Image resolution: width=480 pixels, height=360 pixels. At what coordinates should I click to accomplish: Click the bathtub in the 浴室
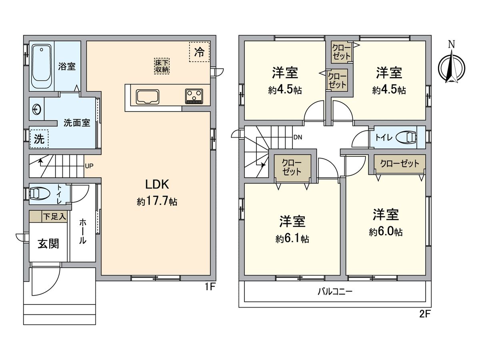(x=42, y=66)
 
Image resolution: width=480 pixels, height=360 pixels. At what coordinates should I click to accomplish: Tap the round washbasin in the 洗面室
(x=36, y=109)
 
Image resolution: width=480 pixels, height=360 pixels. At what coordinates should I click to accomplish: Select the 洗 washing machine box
(x=39, y=139)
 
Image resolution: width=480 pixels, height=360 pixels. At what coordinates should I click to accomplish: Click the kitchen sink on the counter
(x=147, y=96)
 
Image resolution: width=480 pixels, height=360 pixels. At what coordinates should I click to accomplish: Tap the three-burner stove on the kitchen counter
(x=194, y=96)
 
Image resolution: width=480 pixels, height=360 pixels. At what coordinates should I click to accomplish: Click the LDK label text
(x=158, y=184)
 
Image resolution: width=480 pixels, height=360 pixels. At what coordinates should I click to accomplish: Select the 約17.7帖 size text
(x=157, y=202)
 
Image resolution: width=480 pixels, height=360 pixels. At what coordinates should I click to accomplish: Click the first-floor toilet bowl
(x=40, y=193)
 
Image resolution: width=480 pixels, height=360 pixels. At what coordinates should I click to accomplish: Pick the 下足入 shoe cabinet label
(x=54, y=217)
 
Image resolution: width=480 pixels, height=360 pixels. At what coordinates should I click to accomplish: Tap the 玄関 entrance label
(x=48, y=243)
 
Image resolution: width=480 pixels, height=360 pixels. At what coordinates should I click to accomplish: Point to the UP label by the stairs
(x=89, y=165)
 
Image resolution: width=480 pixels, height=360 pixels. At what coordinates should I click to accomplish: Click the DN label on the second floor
(x=298, y=137)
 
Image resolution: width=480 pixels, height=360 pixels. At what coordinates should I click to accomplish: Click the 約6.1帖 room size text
(x=292, y=239)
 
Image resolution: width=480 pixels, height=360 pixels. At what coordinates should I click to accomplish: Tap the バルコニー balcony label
(x=335, y=291)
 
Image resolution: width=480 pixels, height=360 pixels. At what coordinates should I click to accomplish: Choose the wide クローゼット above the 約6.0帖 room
(x=400, y=164)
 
